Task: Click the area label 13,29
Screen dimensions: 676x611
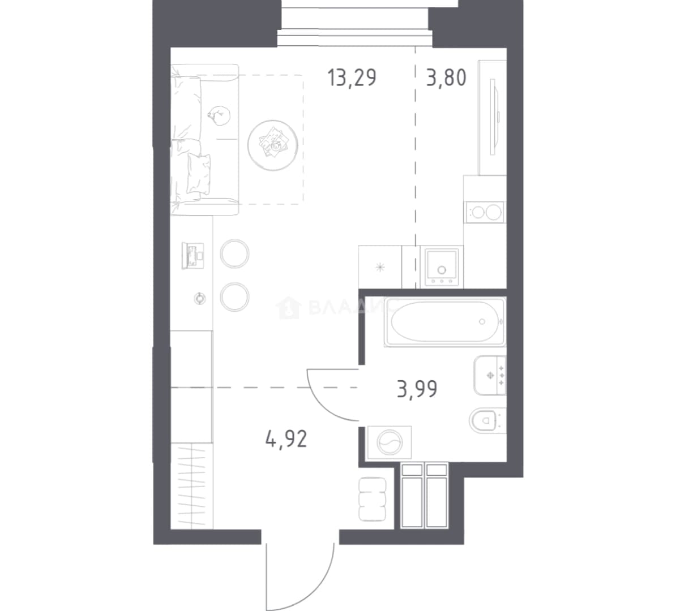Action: (x=352, y=78)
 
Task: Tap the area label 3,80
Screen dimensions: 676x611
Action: (x=446, y=78)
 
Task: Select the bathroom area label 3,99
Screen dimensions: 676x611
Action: (x=417, y=389)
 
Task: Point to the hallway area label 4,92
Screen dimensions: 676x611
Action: (x=286, y=439)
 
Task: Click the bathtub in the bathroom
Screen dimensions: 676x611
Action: (x=446, y=321)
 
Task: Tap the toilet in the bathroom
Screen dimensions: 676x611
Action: (x=487, y=419)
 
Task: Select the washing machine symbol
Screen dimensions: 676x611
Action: (x=390, y=442)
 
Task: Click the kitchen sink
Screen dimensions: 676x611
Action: (x=442, y=266)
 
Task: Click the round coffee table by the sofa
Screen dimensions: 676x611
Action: (x=273, y=145)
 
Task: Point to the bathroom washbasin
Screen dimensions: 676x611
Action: (x=490, y=375)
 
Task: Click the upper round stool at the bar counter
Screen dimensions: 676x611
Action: (x=234, y=254)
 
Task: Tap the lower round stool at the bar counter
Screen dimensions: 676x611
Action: (x=234, y=297)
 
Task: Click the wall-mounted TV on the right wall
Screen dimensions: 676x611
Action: (x=494, y=117)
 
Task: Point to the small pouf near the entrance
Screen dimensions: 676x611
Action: (x=371, y=499)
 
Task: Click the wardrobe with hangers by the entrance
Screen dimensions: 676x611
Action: (x=192, y=485)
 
